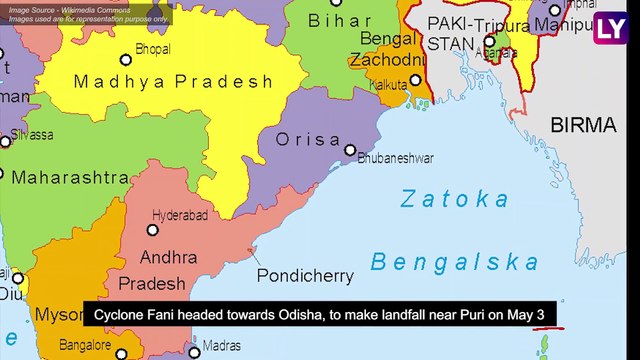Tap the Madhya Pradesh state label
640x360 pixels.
(x=173, y=82)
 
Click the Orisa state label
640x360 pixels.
(x=308, y=140)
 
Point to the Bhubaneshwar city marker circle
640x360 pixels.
(x=350, y=150)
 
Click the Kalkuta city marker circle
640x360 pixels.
(x=416, y=80)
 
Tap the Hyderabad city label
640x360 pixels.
(x=181, y=215)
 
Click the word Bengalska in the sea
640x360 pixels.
(x=454, y=263)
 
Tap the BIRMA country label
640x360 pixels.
(x=583, y=125)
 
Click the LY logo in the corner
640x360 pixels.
(x=609, y=30)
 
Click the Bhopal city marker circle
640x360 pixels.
(x=125, y=60)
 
